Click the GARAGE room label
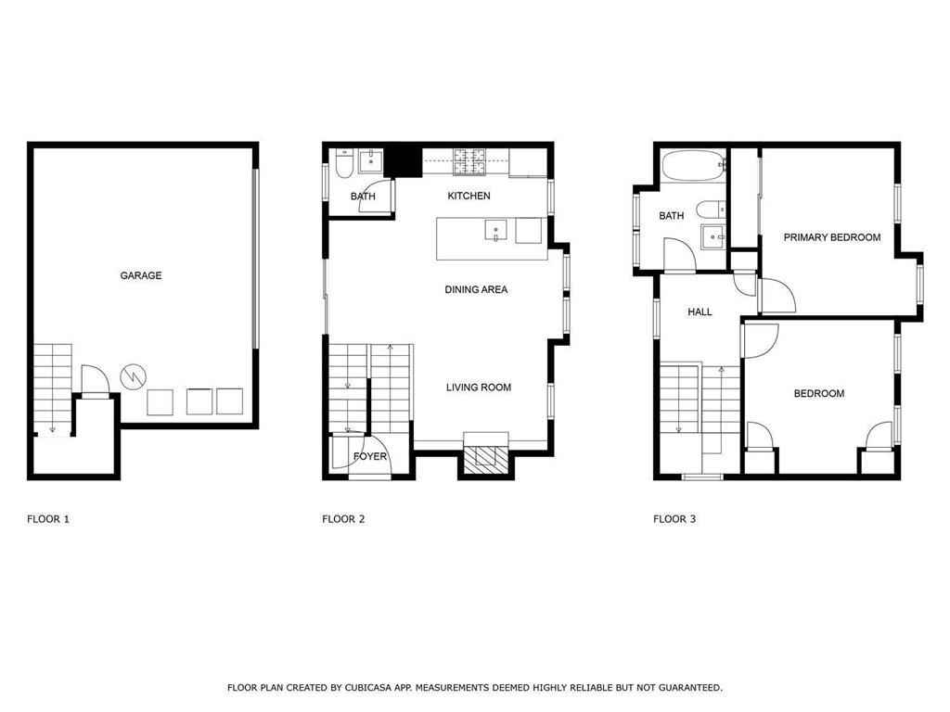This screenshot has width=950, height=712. point(141,275)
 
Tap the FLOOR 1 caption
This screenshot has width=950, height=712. point(48,519)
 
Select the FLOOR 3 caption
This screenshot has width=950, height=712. point(674,519)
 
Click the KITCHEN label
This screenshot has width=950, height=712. point(469,196)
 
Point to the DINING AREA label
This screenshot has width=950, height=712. point(476,289)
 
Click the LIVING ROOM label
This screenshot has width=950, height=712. point(479,388)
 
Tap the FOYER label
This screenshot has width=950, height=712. point(369,456)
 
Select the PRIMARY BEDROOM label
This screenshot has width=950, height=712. point(832,237)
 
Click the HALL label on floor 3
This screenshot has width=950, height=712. point(700,311)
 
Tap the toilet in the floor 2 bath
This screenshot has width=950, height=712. point(343,163)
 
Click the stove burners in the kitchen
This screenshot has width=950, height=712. point(469,161)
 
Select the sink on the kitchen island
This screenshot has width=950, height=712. point(495,231)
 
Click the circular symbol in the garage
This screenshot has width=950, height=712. point(134,376)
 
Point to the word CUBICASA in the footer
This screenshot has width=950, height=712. point(367,688)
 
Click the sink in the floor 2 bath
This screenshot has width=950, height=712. point(370,161)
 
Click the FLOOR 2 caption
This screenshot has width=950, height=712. point(343,519)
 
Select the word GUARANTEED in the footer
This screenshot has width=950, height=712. point(690,688)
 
